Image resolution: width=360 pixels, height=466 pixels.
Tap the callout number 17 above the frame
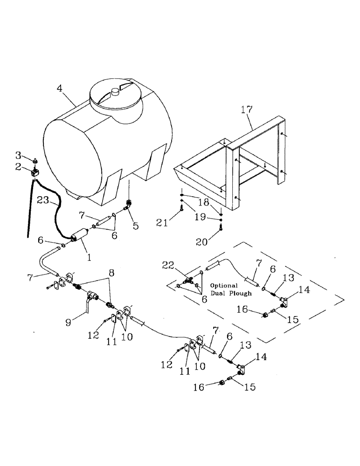click(x=247, y=110)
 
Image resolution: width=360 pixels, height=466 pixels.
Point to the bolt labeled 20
click(x=221, y=227)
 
